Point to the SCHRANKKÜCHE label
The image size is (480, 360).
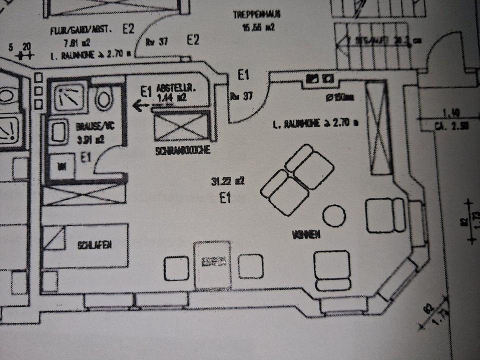pos(182,150)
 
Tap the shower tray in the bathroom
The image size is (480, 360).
pos(69,95)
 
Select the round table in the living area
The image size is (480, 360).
pos(333,215)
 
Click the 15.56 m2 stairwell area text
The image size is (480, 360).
pos(258,28)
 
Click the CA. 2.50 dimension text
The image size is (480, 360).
pos(451,126)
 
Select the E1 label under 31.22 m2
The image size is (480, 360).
pos(225,198)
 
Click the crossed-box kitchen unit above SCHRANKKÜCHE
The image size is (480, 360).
pos(180,126)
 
